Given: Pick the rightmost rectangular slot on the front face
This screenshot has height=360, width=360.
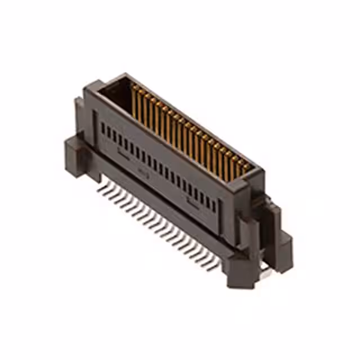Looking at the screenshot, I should pos(214,206).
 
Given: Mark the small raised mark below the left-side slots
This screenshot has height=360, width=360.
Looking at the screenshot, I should pos(122,151).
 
